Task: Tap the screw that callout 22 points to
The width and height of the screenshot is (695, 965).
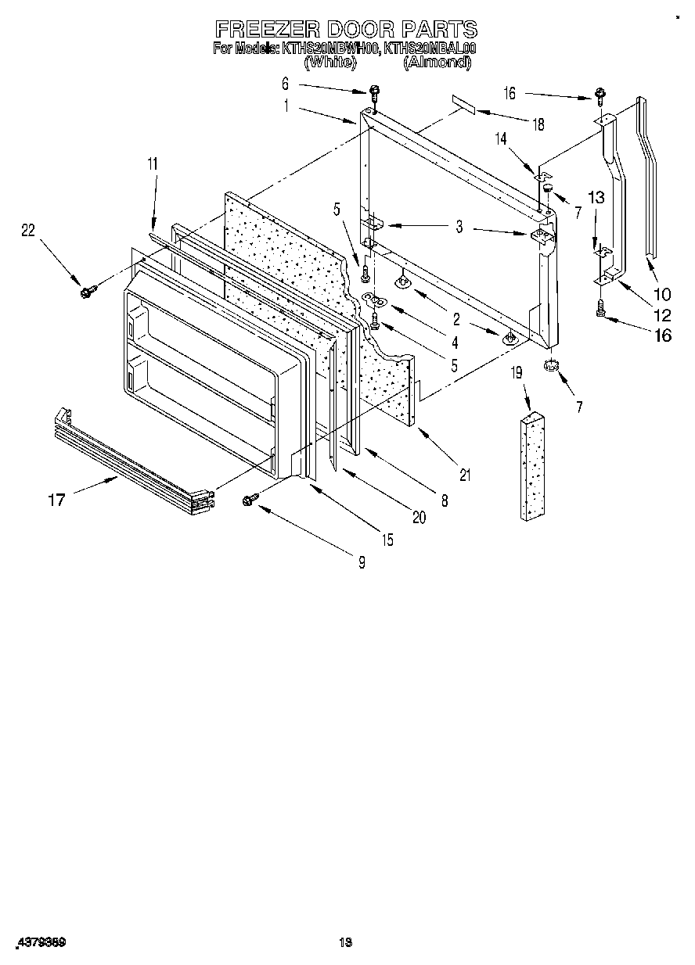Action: pyautogui.click(x=85, y=292)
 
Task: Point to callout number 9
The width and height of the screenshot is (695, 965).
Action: pyautogui.click(x=361, y=561)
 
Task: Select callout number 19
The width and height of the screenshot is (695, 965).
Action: pyautogui.click(x=517, y=374)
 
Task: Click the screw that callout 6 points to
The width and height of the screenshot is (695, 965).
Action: pyautogui.click(x=374, y=93)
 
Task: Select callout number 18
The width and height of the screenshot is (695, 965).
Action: pyautogui.click(x=537, y=124)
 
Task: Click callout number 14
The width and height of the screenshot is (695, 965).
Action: pyautogui.click(x=501, y=138)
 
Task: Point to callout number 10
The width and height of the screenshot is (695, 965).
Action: pyautogui.click(x=662, y=294)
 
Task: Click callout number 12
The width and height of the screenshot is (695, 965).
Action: pyautogui.click(x=662, y=315)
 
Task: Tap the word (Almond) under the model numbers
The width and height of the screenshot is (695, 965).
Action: pyautogui.click(x=437, y=63)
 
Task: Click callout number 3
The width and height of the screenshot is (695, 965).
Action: pyautogui.click(x=459, y=228)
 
